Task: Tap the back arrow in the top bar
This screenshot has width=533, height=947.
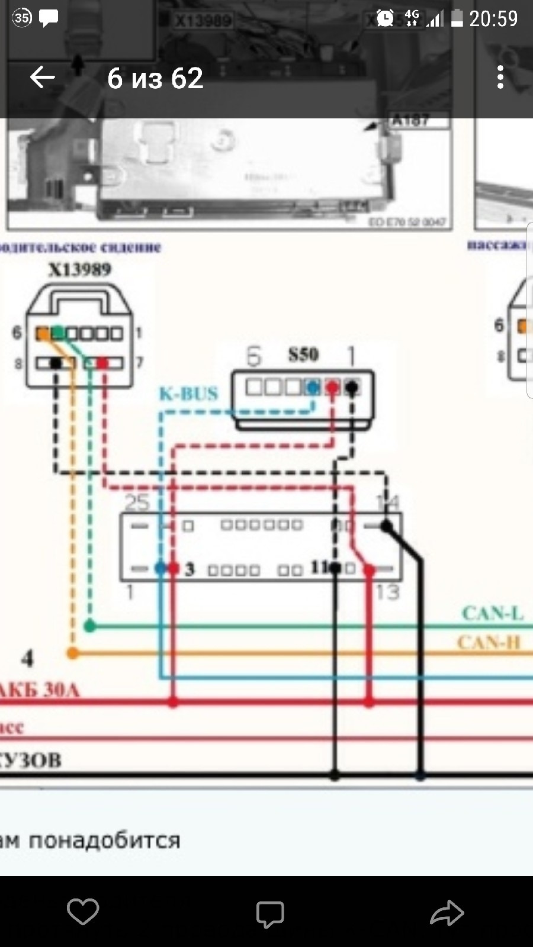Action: click(x=42, y=78)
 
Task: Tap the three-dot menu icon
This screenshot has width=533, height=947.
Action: click(x=500, y=78)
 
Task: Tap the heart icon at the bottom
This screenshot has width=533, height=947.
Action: click(x=82, y=911)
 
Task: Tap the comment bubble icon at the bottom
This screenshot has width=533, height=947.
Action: click(x=269, y=913)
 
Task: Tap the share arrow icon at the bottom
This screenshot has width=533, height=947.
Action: click(x=447, y=913)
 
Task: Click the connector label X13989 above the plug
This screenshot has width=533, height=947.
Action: click(x=79, y=270)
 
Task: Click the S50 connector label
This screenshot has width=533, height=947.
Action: click(x=303, y=355)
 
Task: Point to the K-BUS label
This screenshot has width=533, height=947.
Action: click(x=188, y=394)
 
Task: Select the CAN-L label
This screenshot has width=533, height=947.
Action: click(x=493, y=613)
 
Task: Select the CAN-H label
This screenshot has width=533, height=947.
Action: click(x=489, y=642)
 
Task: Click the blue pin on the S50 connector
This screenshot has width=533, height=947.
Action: click(x=312, y=388)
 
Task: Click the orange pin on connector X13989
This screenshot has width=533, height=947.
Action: click(x=43, y=334)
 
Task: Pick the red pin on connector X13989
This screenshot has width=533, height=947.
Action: click(x=102, y=362)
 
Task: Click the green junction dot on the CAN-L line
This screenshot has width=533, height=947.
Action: click(x=89, y=626)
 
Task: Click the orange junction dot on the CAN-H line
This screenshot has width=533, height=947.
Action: click(x=72, y=653)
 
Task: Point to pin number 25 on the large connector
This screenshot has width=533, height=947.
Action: click(x=136, y=503)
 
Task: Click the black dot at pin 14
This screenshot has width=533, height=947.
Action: click(x=387, y=526)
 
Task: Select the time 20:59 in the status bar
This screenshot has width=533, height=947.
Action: click(x=493, y=19)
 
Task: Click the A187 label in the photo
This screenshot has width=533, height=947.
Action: click(x=410, y=121)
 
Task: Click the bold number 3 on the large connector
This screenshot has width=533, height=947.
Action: click(x=190, y=569)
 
